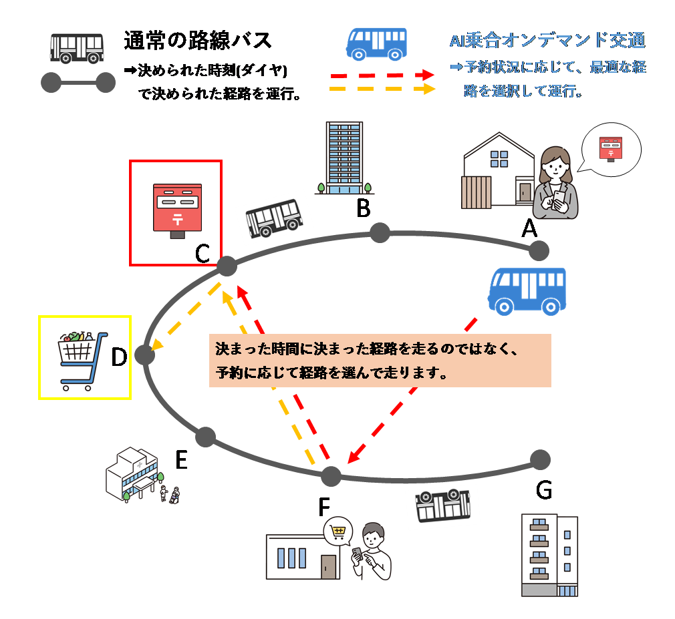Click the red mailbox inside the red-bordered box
tap(176, 210)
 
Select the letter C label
tap(203, 254)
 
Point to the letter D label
tap(119, 358)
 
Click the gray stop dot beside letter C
tap(227, 266)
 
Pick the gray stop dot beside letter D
tap(144, 355)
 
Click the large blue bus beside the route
tap(527, 291)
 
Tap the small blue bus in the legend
tap(376, 44)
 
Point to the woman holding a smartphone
tap(555, 184)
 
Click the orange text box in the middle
tap(380, 361)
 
